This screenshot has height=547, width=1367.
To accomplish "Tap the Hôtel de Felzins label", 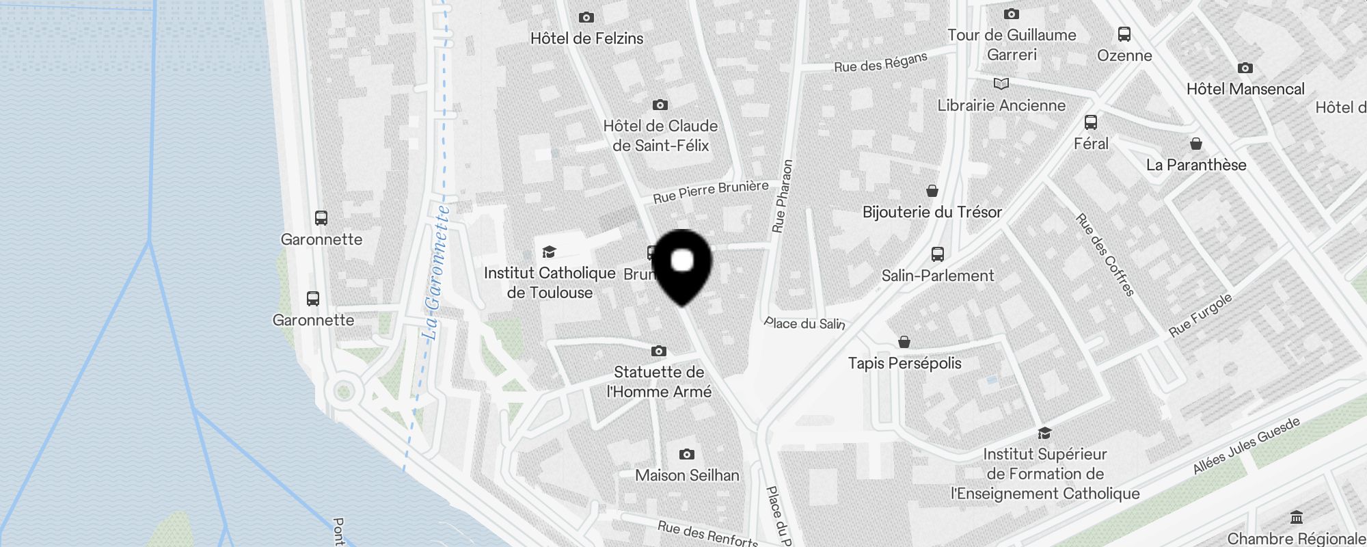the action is point(586,38).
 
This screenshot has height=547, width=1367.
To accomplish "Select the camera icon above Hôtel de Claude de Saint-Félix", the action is point(660,105).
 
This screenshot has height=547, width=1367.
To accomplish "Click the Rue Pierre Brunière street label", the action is point(710,191).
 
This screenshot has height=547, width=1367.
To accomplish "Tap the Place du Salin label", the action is point(804,323).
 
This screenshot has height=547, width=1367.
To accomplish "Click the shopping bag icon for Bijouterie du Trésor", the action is point(932,191).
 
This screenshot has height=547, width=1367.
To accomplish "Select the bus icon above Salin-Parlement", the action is point(937,254).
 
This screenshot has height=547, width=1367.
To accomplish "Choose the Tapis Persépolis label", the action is point(904,363).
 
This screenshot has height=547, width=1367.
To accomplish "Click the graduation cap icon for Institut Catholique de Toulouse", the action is point(549,252).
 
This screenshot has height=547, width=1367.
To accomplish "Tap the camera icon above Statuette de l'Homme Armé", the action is point(658,351).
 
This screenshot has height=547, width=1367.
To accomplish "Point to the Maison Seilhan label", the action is point(687,475).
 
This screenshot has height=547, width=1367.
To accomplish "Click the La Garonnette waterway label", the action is point(435,273).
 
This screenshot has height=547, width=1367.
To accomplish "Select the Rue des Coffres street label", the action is point(1105,254).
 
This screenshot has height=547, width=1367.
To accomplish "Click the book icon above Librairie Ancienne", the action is point(1001,83).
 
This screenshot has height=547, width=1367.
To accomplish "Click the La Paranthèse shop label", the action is point(1196,165).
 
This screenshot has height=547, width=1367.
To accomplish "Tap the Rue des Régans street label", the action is point(880,62).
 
